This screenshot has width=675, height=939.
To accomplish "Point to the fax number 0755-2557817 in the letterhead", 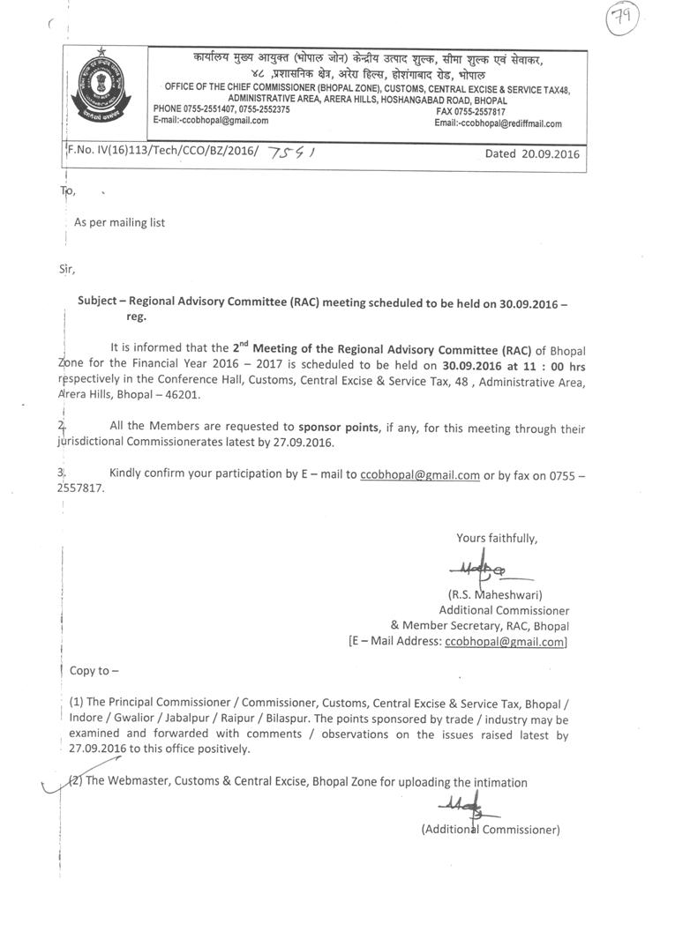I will [470, 112].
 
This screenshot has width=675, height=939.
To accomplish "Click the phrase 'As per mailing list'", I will [119, 223].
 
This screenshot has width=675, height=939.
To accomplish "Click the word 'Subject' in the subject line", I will [97, 300].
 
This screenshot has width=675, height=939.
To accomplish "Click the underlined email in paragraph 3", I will [420, 474].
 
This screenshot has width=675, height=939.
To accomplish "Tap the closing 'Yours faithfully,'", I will [497, 538].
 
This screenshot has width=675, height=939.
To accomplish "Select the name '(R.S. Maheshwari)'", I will [495, 594].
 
